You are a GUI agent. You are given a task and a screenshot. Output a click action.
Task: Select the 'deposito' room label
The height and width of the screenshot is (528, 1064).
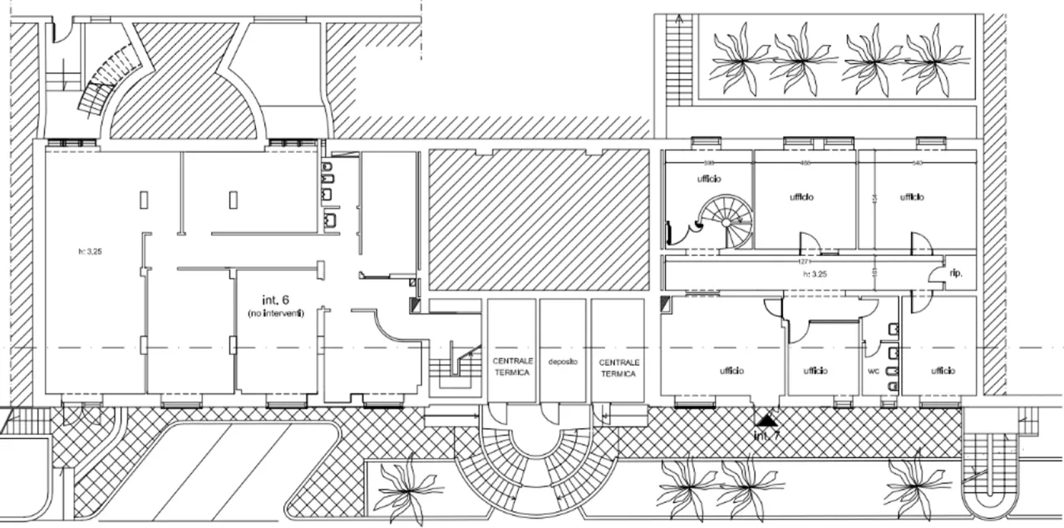tap(563, 362)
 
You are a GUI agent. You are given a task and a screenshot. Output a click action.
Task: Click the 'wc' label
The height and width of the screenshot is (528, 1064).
tap(874, 371)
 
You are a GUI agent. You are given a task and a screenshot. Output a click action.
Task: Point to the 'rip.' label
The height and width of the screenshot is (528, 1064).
tap(956, 273)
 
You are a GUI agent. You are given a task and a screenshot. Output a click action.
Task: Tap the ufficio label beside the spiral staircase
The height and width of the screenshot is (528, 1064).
tap(709, 179)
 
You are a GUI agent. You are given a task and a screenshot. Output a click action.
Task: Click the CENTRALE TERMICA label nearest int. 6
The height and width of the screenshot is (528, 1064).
tap(512, 368)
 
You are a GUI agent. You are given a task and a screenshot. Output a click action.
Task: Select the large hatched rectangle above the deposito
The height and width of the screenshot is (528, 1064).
tap(537, 217)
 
